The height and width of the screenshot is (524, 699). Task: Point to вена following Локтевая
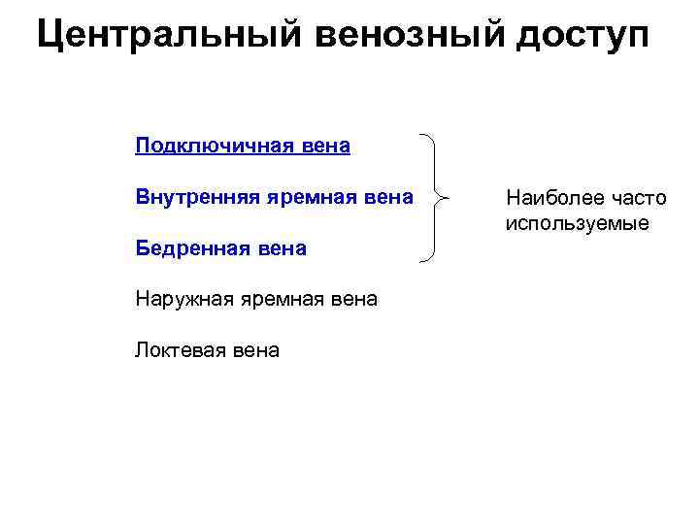pos(256,350)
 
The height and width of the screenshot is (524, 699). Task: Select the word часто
pos(636,198)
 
